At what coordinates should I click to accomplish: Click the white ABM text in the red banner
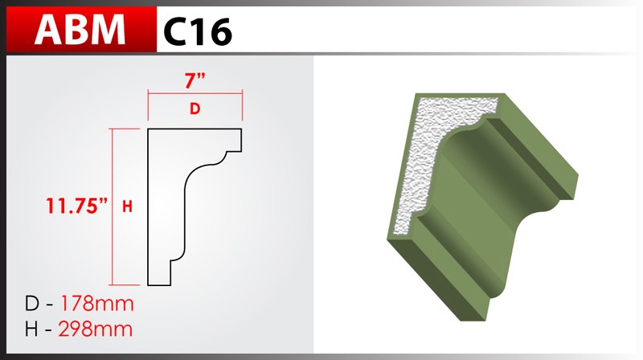80,30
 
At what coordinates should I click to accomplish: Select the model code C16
198,32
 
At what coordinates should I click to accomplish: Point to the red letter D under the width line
195,108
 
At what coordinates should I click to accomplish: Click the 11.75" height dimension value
76,206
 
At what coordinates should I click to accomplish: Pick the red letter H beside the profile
127,207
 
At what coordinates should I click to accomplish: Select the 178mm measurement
97,304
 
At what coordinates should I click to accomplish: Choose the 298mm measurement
96,329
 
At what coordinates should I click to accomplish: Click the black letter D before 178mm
32,304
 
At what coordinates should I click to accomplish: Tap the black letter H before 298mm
32,329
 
